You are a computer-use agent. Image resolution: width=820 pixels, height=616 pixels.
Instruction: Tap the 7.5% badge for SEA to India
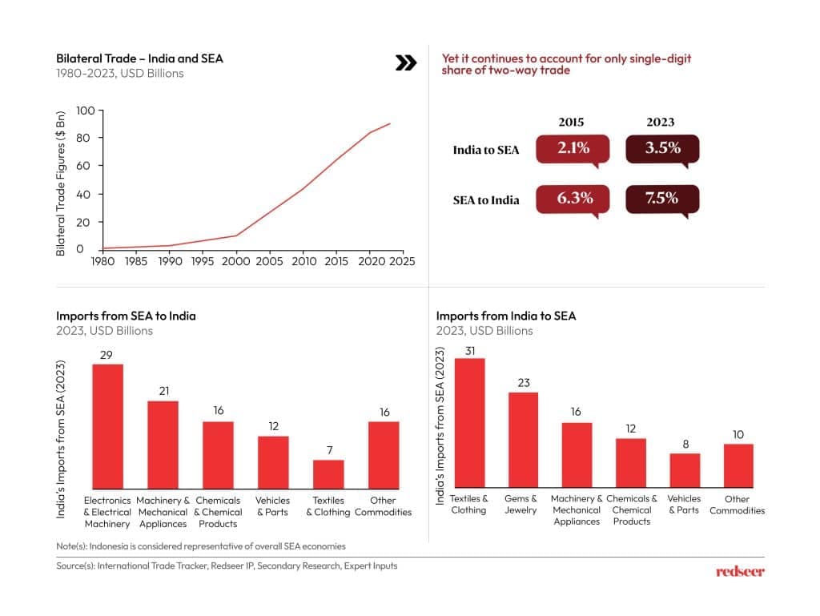pos(661,198)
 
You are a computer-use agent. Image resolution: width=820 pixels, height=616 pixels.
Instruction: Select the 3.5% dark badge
pos(661,148)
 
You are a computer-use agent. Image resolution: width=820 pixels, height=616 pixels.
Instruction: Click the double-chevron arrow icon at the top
pos(407,63)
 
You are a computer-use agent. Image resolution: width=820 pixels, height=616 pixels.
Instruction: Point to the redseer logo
pos(740,571)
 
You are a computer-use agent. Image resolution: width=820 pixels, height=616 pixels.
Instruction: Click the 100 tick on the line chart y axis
pos(85,110)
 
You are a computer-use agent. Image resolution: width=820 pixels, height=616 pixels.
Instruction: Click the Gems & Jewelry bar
pos(524,439)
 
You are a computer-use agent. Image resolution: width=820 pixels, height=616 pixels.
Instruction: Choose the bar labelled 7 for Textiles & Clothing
pos(328,473)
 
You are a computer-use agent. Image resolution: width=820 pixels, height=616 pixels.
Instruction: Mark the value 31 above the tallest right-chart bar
pos(469,349)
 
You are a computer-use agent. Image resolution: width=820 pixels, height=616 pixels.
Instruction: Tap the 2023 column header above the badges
pos(661,123)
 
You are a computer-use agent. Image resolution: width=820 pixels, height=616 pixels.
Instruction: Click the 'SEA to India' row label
pos(486,199)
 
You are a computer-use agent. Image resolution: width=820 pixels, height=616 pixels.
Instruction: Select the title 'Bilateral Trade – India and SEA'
pos(139,58)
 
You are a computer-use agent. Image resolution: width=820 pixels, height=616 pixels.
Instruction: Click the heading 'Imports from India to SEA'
pos(506,316)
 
